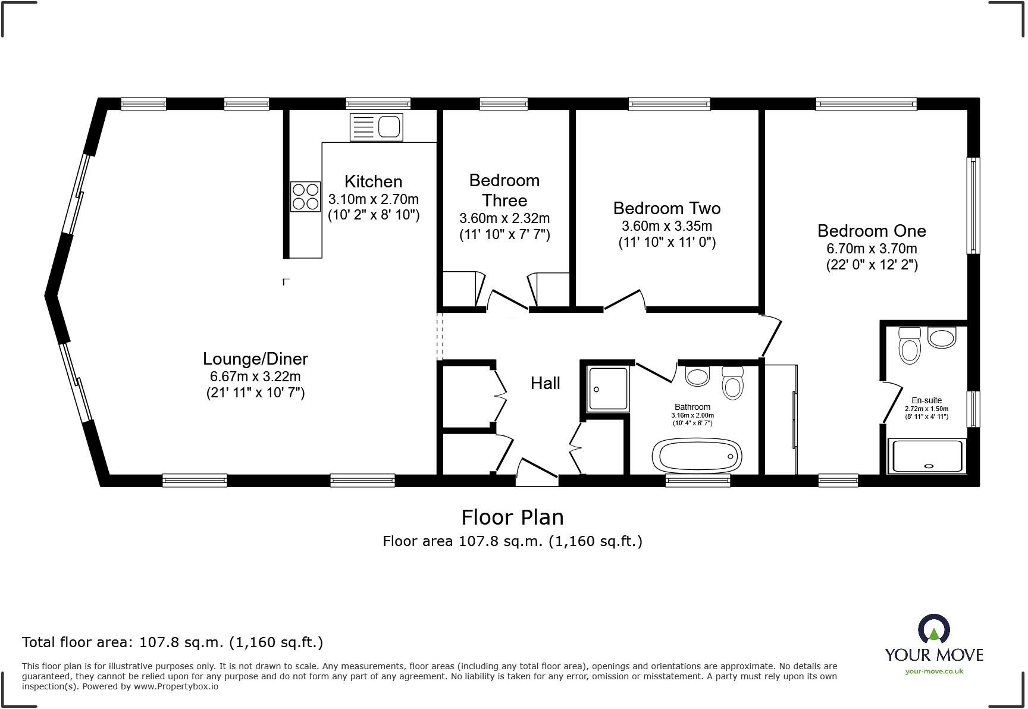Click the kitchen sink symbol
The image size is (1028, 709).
coord(377,127)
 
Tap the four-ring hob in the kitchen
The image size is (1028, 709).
coord(306,197)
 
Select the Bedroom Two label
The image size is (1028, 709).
coord(666,208)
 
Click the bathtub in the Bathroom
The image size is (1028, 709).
coord(697,457)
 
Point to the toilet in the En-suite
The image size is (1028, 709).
coord(910,346)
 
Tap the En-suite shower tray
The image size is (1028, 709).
coord(925,457)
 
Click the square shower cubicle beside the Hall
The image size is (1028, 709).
coord(608,389)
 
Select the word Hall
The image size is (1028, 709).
coord(545,383)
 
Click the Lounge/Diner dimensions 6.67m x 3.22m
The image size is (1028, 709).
coord(255,377)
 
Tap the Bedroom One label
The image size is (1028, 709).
coord(872,231)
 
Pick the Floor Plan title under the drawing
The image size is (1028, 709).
coord(512,517)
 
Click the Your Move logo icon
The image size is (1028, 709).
coord(934,629)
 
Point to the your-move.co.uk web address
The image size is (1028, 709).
coord(934,671)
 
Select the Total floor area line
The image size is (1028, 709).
coord(173,642)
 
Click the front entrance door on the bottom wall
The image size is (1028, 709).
coord(537,471)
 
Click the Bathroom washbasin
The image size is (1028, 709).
coord(697,375)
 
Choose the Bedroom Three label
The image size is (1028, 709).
coord(504,190)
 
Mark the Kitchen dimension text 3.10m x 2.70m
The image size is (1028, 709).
coord(373,199)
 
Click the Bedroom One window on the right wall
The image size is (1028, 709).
coord(973,205)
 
